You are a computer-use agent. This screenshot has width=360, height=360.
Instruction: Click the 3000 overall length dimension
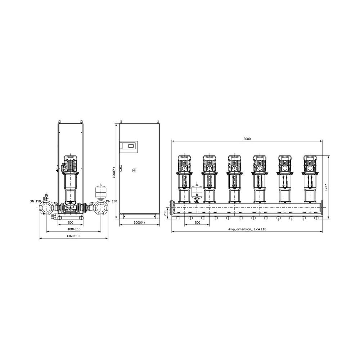point(247,139)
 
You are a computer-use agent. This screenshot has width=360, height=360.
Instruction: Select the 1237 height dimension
point(326,188)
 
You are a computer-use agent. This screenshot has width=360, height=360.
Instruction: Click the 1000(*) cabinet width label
point(139,223)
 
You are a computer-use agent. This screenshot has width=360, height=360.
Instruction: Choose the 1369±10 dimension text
point(73,236)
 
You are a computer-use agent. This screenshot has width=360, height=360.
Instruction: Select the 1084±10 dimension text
point(74,229)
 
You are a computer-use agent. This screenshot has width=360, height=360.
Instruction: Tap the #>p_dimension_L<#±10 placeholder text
point(247,229)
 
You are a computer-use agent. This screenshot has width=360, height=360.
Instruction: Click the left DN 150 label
point(35,201)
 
